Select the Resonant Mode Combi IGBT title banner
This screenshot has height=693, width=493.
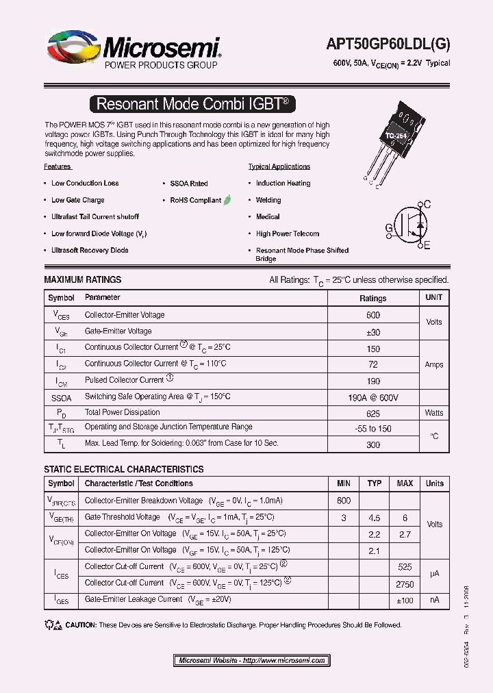[193, 104]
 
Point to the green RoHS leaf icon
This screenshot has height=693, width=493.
[227, 200]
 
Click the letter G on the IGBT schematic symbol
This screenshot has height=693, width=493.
[389, 227]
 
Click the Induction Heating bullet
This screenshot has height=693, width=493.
[283, 184]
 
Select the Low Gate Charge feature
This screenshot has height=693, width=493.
[77, 200]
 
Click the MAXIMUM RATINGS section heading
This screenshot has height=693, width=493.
[83, 279]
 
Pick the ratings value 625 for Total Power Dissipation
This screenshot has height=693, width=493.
[373, 413]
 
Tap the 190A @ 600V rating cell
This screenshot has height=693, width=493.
[373, 397]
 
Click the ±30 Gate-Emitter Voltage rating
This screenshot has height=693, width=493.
[373, 331]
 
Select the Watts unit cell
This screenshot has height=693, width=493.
[434, 413]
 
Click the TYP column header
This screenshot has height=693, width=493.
[374, 483]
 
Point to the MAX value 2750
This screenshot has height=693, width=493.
[405, 583]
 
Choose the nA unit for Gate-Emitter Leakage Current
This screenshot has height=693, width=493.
[434, 600]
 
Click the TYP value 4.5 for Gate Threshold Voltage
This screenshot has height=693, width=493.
[374, 518]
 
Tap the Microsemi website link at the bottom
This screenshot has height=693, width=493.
[251, 660]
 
